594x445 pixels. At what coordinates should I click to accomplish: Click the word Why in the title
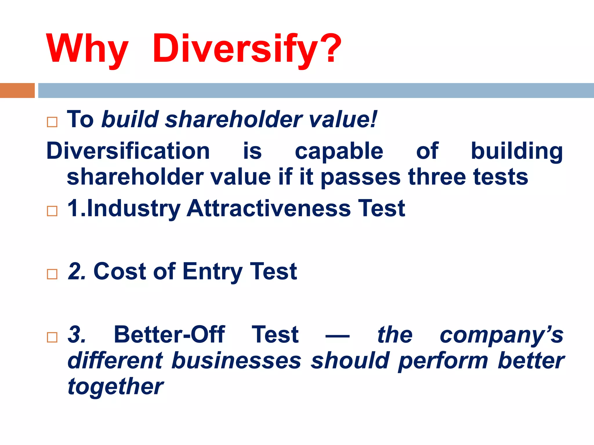point(87,49)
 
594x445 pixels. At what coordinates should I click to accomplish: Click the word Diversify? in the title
point(247,49)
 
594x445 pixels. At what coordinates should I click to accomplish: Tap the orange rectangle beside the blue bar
point(17,90)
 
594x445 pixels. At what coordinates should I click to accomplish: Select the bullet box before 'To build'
point(52,122)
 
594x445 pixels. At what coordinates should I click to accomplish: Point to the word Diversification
point(128,151)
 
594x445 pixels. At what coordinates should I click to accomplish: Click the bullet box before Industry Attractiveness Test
point(52,211)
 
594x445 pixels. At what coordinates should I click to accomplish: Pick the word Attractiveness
point(268,208)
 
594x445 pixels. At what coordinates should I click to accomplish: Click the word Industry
point(133,209)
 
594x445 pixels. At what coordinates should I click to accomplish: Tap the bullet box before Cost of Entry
point(52,274)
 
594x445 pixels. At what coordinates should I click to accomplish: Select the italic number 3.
point(76,335)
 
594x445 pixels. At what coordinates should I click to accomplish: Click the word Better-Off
point(169,335)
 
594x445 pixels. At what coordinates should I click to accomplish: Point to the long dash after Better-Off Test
point(337,336)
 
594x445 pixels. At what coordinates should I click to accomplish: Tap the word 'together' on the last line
point(115,387)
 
